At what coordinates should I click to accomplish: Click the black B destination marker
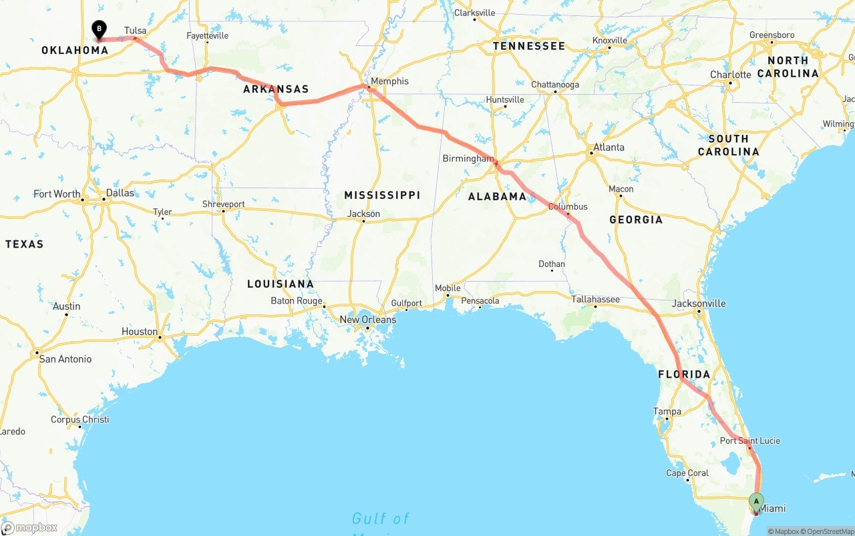[x=99, y=29]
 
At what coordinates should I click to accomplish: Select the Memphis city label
[x=389, y=81]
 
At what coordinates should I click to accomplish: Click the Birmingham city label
[x=468, y=158]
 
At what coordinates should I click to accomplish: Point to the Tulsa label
[x=135, y=31]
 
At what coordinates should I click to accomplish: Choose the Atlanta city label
[x=609, y=147]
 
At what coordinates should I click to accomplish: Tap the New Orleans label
[x=367, y=320]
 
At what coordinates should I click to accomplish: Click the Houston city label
[x=140, y=332]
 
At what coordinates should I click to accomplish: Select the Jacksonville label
[x=699, y=303]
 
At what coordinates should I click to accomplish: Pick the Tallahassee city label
[x=595, y=299]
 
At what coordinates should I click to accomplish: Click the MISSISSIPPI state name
[x=382, y=195]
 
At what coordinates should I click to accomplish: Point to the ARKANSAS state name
[x=276, y=89]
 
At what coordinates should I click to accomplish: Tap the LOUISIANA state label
[x=281, y=284]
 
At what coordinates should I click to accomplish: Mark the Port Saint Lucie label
[x=750, y=441]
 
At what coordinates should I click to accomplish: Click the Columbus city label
[x=568, y=206]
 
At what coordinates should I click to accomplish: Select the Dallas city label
[x=120, y=193]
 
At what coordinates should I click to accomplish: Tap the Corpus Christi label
[x=79, y=419]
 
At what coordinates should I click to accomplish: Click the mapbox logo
[x=29, y=527]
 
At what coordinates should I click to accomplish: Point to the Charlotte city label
[x=731, y=75]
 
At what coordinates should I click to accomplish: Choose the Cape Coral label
[x=687, y=473]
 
